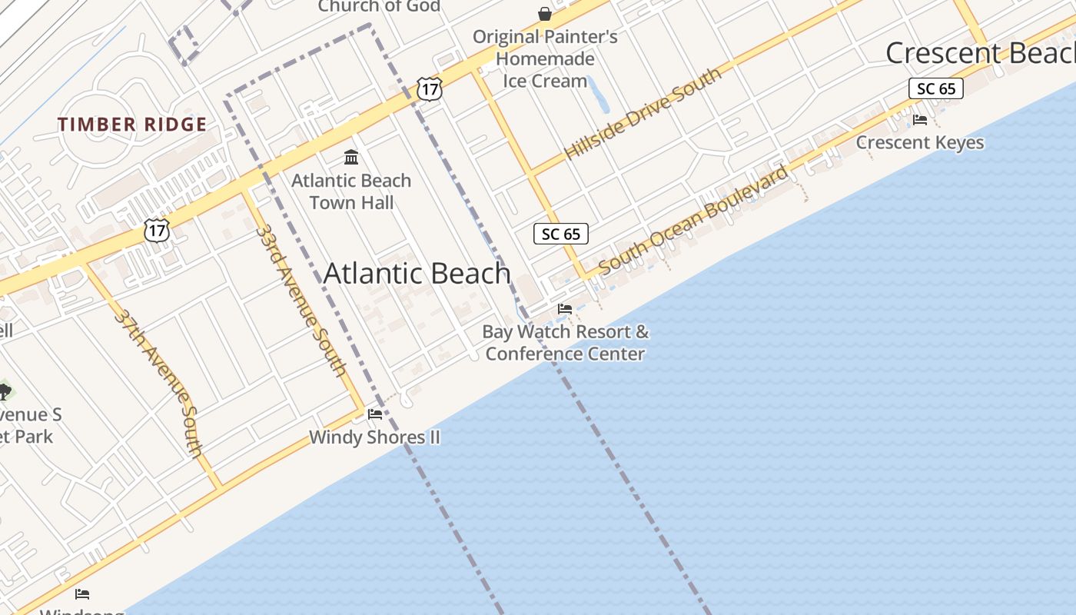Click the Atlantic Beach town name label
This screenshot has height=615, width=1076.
(417, 274)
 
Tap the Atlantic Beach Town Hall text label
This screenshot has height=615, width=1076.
(351, 191)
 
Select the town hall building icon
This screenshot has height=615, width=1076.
(351, 158)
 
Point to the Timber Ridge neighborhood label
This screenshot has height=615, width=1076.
(132, 125)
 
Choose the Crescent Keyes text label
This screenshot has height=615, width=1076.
(919, 142)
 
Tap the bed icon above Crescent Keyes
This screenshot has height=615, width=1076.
(919, 119)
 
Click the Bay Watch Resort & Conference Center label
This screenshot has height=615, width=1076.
(565, 343)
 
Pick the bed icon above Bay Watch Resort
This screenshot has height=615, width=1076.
(565, 309)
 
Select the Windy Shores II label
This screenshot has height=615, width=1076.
(374, 437)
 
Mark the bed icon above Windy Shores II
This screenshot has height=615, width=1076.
(375, 414)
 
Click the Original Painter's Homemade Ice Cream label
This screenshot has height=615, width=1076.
(545, 58)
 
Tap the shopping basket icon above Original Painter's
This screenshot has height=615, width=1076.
(545, 14)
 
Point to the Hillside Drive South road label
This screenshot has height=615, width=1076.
(643, 113)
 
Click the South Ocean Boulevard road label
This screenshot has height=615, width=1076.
(693, 220)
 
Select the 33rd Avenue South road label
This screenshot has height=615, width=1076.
(301, 300)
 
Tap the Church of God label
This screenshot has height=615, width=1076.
(379, 6)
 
